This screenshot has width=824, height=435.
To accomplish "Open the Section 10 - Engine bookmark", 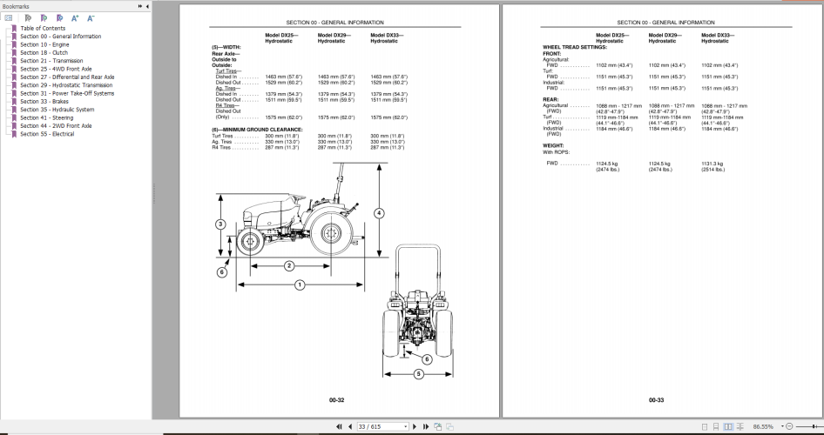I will [x=45, y=43].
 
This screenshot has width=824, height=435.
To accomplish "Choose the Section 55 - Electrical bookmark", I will [x=47, y=134].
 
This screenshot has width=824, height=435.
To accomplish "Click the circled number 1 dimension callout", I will [x=300, y=284].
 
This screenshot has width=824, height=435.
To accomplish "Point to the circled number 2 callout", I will [x=289, y=265].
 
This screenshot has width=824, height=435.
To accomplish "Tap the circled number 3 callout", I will [x=221, y=224].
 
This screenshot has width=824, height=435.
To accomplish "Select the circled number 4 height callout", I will [x=379, y=213].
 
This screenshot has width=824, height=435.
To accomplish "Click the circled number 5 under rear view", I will [x=419, y=374].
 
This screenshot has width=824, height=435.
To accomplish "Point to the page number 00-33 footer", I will [x=656, y=400].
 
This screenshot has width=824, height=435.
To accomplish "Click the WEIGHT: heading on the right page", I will [x=555, y=146].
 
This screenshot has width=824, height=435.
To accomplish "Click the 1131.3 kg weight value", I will [x=713, y=163].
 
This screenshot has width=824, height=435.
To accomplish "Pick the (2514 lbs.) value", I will [x=713, y=170].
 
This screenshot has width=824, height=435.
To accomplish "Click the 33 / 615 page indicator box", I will [x=382, y=427].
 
